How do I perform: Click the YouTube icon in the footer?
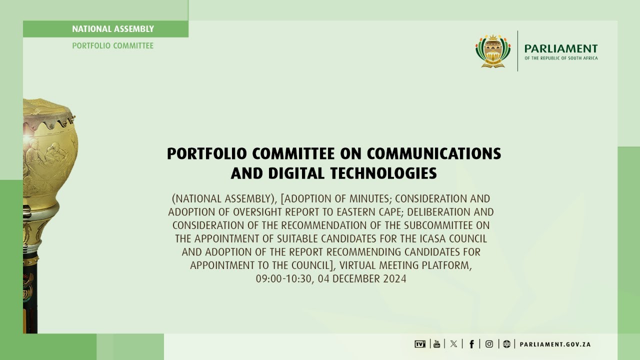(x=437, y=344)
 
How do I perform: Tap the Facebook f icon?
(x=471, y=344)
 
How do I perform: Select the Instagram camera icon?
(x=489, y=344)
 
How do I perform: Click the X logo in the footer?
(x=453, y=344)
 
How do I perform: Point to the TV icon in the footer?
(x=420, y=344)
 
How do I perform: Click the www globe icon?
(x=506, y=344)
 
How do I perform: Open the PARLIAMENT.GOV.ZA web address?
(x=555, y=344)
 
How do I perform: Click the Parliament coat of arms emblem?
(x=493, y=51)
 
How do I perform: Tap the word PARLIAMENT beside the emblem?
(x=560, y=48)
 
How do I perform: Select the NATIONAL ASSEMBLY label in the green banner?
(x=113, y=29)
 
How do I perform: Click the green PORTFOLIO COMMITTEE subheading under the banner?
(x=113, y=45)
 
